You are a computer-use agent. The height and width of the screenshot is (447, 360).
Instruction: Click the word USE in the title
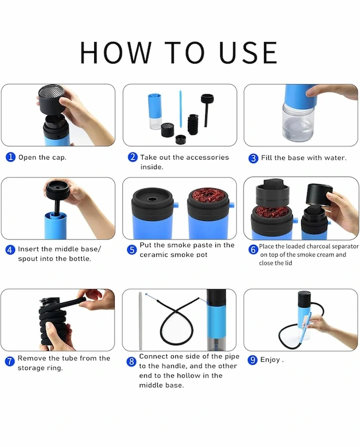tap(248, 53)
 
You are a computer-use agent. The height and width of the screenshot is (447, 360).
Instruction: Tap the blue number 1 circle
tap(11, 157)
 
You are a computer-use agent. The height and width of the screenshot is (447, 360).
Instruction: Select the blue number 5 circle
tap(131, 250)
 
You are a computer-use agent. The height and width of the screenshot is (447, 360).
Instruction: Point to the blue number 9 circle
tap(253, 360)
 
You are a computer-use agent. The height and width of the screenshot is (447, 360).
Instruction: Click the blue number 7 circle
tap(10, 361)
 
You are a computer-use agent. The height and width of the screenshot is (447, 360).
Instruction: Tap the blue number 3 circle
tap(253, 158)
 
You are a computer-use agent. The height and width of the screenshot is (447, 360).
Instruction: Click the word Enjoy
tap(270, 360)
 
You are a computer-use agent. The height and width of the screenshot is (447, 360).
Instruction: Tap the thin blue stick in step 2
tap(181, 109)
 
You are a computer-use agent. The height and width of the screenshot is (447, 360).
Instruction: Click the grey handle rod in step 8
tap(140, 321)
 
